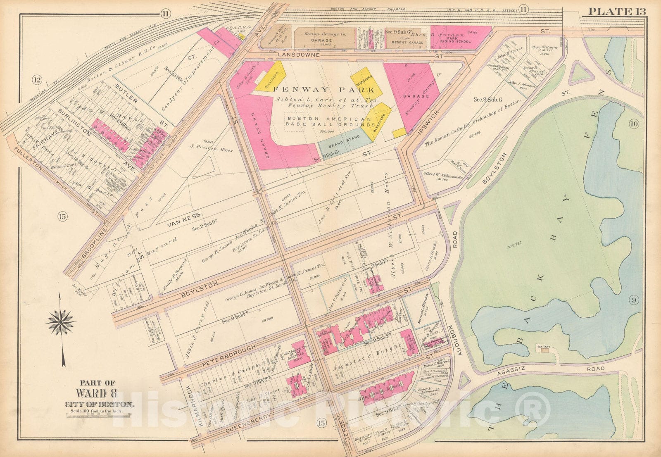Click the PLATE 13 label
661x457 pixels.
[616, 11]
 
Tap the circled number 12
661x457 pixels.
[38, 80]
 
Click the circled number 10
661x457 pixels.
[634, 123]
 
